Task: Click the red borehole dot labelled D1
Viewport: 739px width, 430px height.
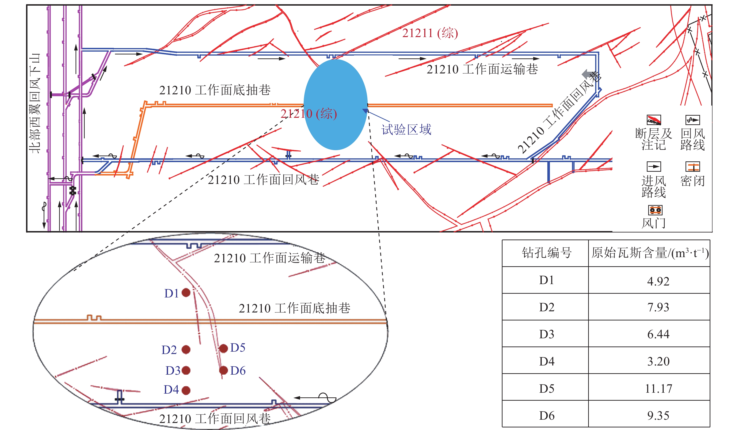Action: tap(186, 293)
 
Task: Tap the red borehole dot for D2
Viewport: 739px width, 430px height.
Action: tap(186, 349)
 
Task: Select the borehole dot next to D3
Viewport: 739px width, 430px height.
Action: tap(186, 370)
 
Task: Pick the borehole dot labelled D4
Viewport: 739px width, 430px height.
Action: tap(186, 390)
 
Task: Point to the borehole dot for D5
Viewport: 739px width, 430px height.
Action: tap(223, 348)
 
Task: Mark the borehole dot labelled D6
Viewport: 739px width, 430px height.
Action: tap(223, 370)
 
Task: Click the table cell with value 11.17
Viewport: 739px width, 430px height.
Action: tap(658, 389)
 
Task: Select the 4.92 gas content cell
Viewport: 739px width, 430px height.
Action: tap(658, 281)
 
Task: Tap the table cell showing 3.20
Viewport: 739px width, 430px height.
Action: tap(658, 361)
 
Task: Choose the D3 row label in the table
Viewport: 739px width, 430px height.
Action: tap(546, 334)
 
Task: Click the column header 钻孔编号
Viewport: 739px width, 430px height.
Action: tap(546, 253)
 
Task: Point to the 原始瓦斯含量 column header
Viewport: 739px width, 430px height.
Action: tap(649, 253)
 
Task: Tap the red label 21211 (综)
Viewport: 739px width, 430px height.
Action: tap(430, 33)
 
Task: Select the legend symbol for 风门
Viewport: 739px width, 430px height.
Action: tap(655, 210)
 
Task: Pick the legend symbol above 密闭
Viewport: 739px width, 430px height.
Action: tap(692, 167)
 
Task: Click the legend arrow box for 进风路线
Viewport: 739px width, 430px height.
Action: tap(654, 167)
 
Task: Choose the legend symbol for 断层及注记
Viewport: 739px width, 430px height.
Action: tap(654, 120)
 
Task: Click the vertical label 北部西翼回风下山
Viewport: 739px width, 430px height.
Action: tap(35, 103)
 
